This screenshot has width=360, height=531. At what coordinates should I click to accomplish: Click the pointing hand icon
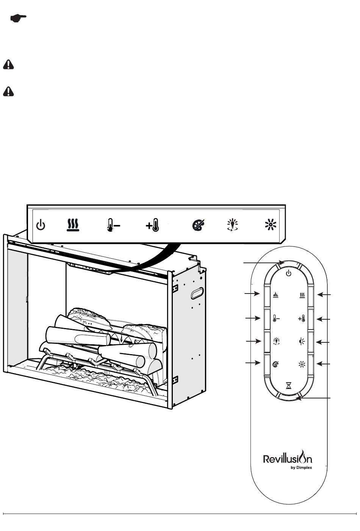(x=18, y=18)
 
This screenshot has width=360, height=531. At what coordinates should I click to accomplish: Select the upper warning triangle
(x=8, y=64)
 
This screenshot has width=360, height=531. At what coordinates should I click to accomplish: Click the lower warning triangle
(x=8, y=91)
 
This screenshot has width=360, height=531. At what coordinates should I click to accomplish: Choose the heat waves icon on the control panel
(x=73, y=225)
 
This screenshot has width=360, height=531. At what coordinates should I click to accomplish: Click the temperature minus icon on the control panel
(x=113, y=225)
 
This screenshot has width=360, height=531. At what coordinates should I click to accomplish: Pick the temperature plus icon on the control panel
(x=152, y=225)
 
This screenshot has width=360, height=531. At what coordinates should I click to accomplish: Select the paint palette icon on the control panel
(x=199, y=225)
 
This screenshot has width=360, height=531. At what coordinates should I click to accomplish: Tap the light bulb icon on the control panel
(x=232, y=225)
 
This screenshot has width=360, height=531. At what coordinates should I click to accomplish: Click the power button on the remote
(x=288, y=273)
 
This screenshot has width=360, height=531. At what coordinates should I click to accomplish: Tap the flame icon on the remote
(x=275, y=295)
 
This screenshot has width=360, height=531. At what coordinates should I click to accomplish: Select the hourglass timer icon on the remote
(x=288, y=385)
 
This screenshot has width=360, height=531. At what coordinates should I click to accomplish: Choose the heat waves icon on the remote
(x=302, y=295)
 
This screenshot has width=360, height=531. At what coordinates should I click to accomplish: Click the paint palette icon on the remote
(x=275, y=364)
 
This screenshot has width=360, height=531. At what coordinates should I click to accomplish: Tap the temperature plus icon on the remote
(x=301, y=319)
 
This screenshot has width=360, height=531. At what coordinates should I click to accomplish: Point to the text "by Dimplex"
(x=301, y=468)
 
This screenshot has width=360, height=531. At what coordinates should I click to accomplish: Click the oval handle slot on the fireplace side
(x=197, y=293)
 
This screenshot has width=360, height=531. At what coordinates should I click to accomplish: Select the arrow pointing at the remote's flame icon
(x=252, y=294)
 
